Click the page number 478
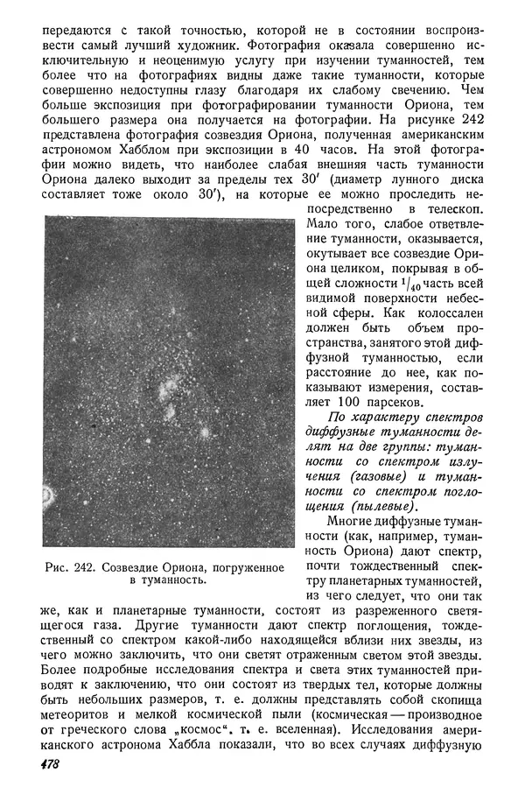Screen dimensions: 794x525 tap(50, 764)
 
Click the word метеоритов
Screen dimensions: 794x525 tap(78, 709)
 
